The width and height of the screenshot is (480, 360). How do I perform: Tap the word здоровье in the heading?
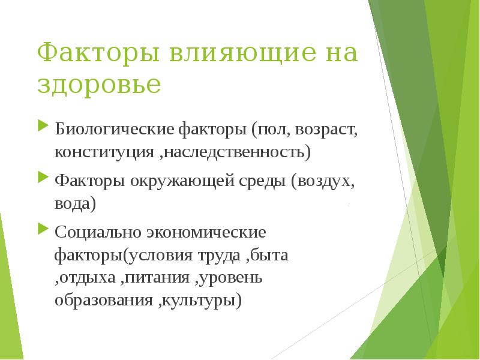[x=99, y=85]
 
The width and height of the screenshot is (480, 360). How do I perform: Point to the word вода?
[x=75, y=203]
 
